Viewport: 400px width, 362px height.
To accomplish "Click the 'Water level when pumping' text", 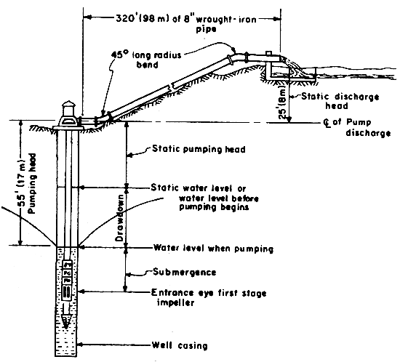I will click(x=212, y=249).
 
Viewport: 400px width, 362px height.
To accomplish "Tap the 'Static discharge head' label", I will click(x=328, y=101).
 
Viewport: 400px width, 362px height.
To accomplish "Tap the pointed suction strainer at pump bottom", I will click(x=68, y=320).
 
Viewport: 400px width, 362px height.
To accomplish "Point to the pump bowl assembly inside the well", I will click(x=68, y=283).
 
